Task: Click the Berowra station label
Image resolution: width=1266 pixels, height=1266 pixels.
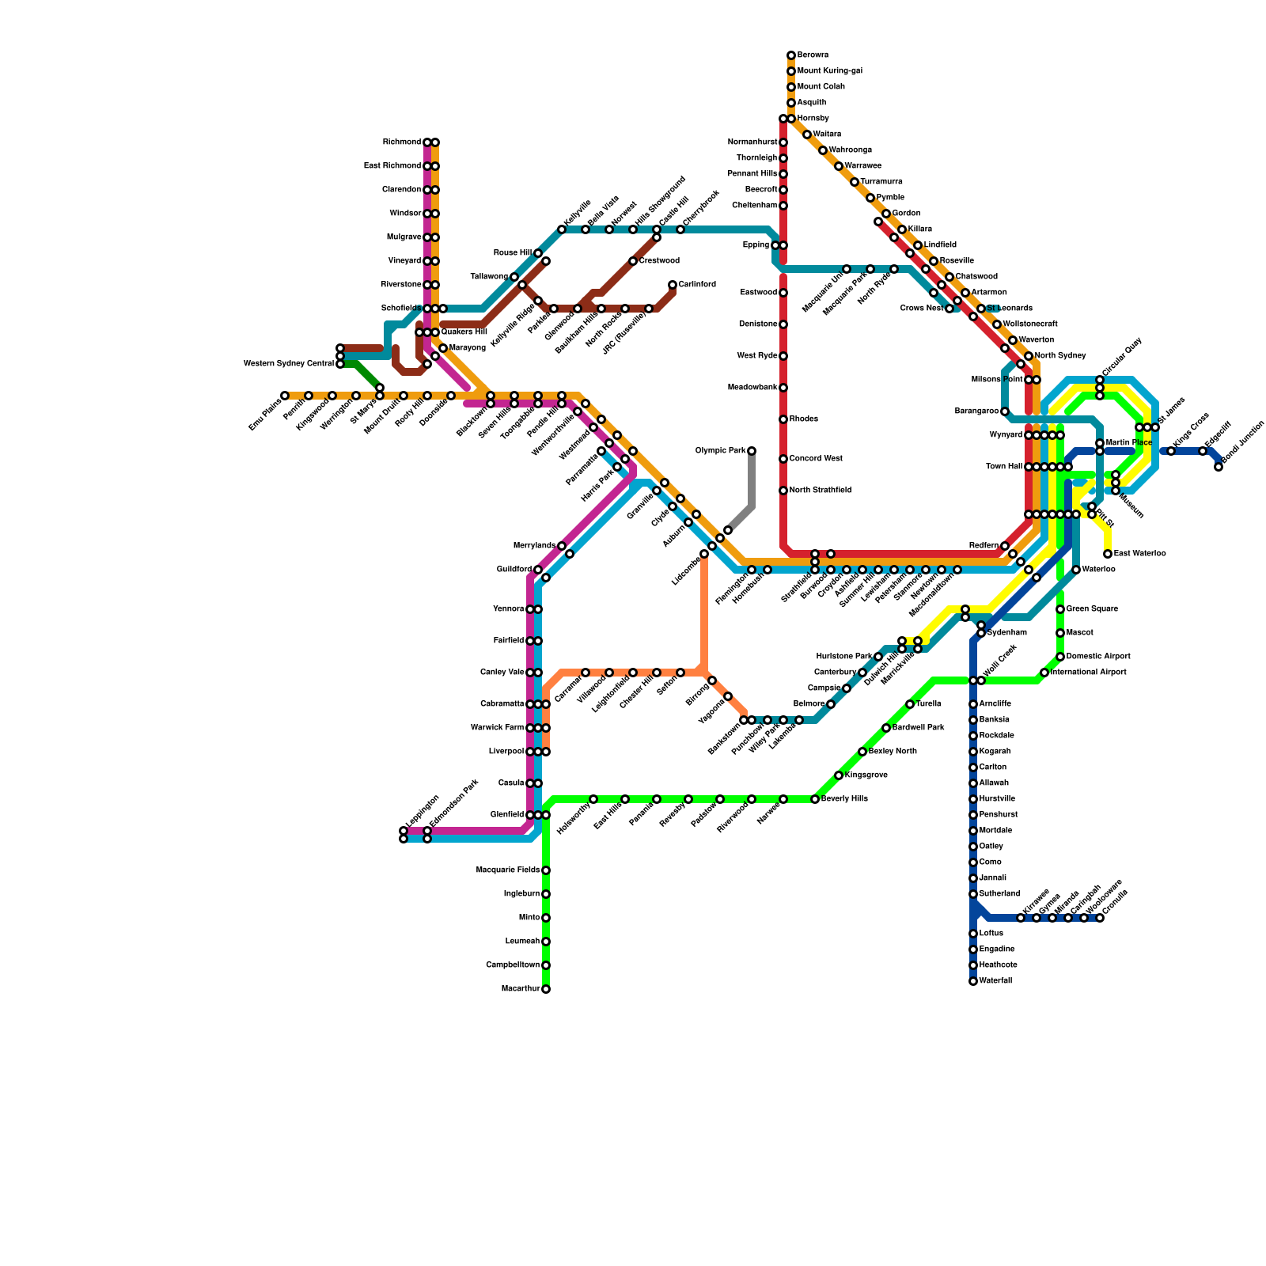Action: coord(813,55)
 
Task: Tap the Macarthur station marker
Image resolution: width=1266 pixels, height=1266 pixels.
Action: coord(546,989)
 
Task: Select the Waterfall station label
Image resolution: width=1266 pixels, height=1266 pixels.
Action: coord(995,981)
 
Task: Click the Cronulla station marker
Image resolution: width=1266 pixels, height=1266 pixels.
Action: coord(1100,918)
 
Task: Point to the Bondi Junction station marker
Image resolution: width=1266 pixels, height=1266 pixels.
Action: coord(1219,467)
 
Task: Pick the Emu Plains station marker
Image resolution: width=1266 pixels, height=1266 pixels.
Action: coord(285,396)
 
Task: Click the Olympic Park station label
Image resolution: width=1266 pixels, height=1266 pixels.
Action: coord(720,451)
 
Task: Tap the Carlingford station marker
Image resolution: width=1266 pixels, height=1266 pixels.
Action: coord(673,285)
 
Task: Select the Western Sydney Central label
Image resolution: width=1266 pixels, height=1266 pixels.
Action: coord(288,364)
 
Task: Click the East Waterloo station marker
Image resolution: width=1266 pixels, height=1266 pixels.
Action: coord(1108,554)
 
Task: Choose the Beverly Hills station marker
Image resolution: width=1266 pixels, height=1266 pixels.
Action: coord(815,799)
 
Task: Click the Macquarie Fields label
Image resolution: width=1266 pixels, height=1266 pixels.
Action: coord(508,870)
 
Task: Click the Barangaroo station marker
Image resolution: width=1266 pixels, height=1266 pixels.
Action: coord(1005,411)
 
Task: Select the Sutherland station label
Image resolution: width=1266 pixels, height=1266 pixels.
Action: coord(999,894)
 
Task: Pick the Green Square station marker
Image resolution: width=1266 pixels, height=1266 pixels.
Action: coord(1060,609)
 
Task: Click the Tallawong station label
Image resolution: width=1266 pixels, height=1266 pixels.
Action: coord(489,277)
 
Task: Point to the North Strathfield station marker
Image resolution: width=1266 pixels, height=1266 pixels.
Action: coord(783,491)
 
